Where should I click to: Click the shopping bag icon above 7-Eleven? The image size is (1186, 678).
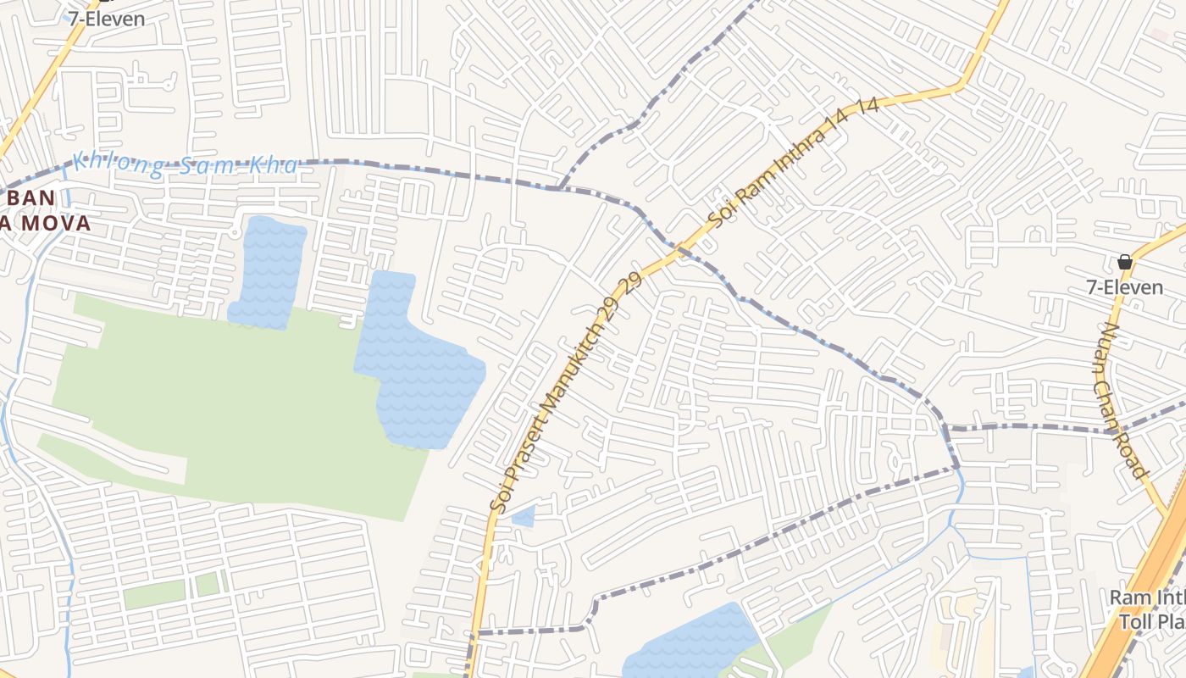click(x=1125, y=262)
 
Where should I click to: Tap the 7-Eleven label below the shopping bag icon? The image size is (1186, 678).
click(x=1125, y=288)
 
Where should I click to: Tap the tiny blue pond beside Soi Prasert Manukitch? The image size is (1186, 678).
click(x=524, y=515)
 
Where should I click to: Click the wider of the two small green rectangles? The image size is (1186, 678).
click(x=153, y=594)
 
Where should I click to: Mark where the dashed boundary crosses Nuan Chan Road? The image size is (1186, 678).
click(x=1112, y=431)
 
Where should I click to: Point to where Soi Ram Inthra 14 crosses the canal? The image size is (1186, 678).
click(x=678, y=247)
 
